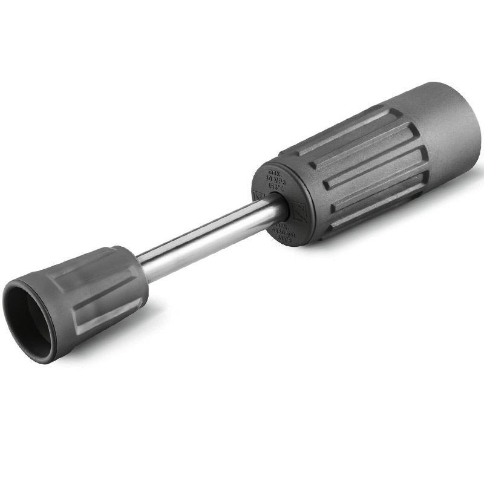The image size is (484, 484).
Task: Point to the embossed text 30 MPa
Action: point(276,180)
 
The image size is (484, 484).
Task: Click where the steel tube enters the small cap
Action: point(143,267)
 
